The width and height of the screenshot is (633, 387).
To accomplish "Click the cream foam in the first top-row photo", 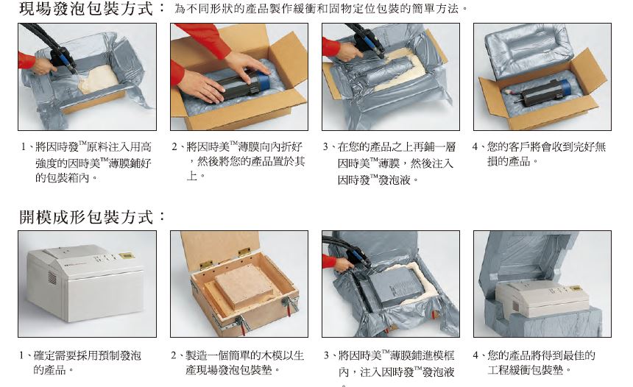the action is pyautogui.click(x=99, y=79).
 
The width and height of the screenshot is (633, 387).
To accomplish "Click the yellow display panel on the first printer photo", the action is pyautogui.click(x=126, y=255).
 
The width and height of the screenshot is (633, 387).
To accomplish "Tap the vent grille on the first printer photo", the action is pyautogui.click(x=52, y=277).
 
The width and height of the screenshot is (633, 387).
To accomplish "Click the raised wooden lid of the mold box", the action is pyautogui.click(x=219, y=246).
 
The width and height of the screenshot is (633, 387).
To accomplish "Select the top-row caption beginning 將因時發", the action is pyautogui.click(x=86, y=162).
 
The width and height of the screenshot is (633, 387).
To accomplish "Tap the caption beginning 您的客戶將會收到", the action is pyautogui.click(x=540, y=154).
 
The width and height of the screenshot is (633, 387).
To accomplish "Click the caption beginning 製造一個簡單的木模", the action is pyautogui.click(x=237, y=362).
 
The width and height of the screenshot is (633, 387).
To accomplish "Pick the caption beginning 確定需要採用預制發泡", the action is pyautogui.click(x=80, y=362).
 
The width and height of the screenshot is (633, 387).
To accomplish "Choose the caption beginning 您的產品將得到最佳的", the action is pyautogui.click(x=534, y=362).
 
